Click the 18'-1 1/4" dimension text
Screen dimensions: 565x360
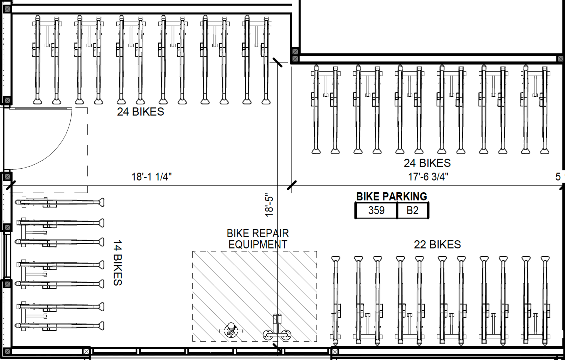(151, 177)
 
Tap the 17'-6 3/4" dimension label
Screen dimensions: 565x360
(428, 177)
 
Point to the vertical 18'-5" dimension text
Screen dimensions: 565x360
(269, 205)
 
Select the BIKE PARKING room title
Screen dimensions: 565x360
(392, 196)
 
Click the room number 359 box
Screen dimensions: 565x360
(376, 211)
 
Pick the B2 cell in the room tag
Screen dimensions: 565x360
(413, 211)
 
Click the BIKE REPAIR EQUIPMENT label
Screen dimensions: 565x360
(258, 239)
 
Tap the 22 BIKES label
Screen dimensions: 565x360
(438, 244)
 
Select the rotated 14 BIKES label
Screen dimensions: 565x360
(118, 263)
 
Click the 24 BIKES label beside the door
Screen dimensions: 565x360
(141, 112)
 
